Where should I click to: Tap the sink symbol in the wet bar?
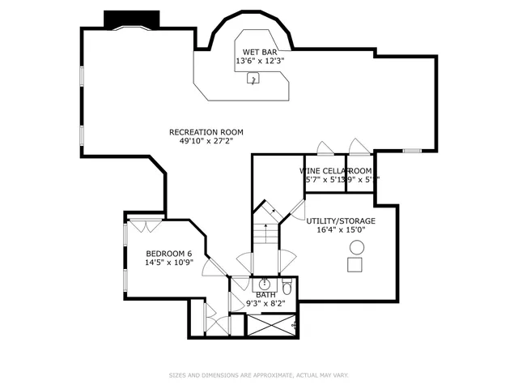[x=252, y=79]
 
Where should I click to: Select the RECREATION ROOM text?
[x=206, y=132]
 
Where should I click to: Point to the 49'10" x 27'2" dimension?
[x=206, y=141]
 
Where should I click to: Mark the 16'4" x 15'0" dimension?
[x=341, y=229]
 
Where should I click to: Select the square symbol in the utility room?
[x=355, y=264]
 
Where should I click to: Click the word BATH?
[x=254, y=295]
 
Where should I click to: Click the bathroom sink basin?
[x=264, y=284]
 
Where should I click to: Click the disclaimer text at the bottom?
[x=258, y=375]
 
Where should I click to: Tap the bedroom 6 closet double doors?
[x=138, y=225]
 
